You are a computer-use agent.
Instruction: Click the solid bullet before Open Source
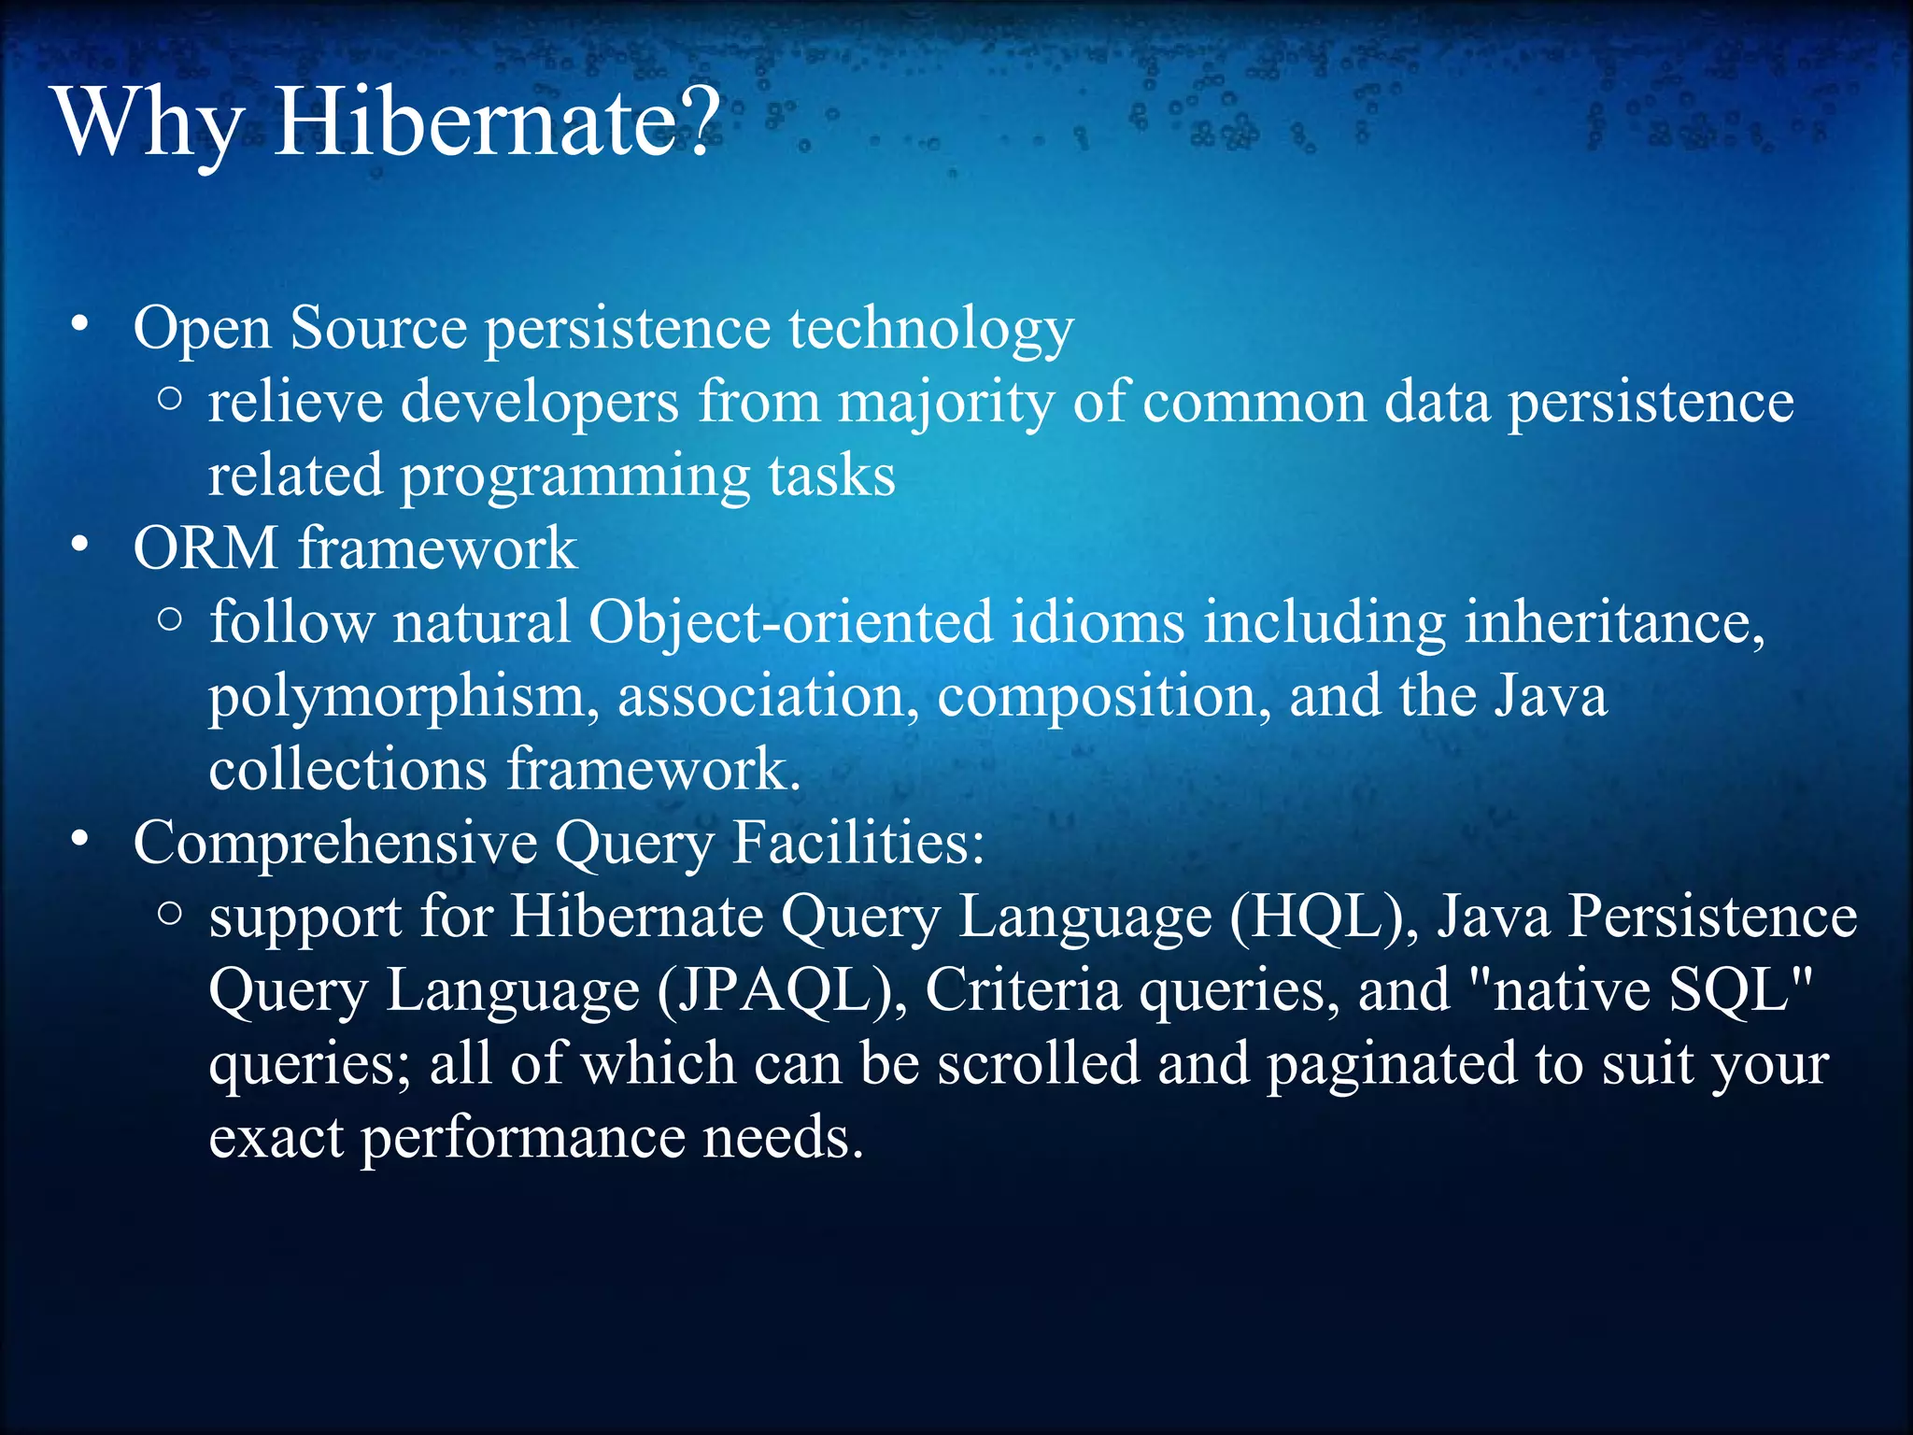point(80,325)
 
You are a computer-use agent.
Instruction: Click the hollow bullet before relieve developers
point(169,399)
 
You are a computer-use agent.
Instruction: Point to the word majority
point(945,404)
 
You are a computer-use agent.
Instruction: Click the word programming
point(574,476)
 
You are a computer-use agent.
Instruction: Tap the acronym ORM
point(205,547)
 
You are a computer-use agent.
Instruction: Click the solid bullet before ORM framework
point(80,545)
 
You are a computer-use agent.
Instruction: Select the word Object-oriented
point(790,623)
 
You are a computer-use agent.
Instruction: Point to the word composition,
point(1103,698)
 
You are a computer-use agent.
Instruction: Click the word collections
point(347,770)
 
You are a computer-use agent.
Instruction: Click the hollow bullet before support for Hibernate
point(169,913)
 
